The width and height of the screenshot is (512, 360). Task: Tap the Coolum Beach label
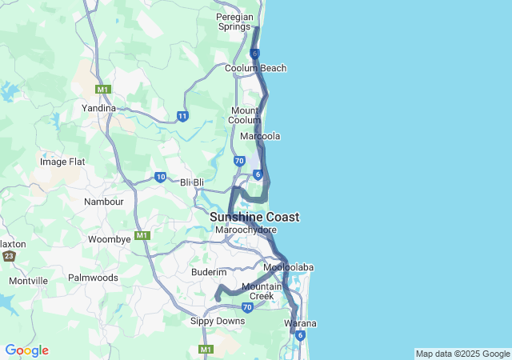tap(255, 69)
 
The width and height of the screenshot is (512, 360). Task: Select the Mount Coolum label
tap(246, 115)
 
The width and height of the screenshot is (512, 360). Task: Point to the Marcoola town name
tap(260, 137)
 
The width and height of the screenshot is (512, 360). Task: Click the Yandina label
tap(98, 108)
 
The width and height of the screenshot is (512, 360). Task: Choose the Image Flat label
tap(62, 162)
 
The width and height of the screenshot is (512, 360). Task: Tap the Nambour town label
tap(104, 202)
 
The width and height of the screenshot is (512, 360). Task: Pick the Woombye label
tap(109, 239)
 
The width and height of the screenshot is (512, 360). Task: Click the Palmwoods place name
tap(93, 278)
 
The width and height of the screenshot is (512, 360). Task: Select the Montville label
tap(29, 281)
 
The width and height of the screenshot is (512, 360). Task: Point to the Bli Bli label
tap(192, 182)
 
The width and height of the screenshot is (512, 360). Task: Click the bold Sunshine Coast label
tap(254, 217)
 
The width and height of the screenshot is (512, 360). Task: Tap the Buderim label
tap(210, 272)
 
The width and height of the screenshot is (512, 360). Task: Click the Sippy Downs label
tap(218, 321)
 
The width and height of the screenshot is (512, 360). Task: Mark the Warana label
tap(301, 323)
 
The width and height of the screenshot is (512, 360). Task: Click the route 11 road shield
tap(182, 117)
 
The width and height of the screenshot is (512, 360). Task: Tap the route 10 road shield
tap(161, 177)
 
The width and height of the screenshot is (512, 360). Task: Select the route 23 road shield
tap(9, 256)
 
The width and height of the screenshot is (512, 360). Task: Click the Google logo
tap(26, 350)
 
